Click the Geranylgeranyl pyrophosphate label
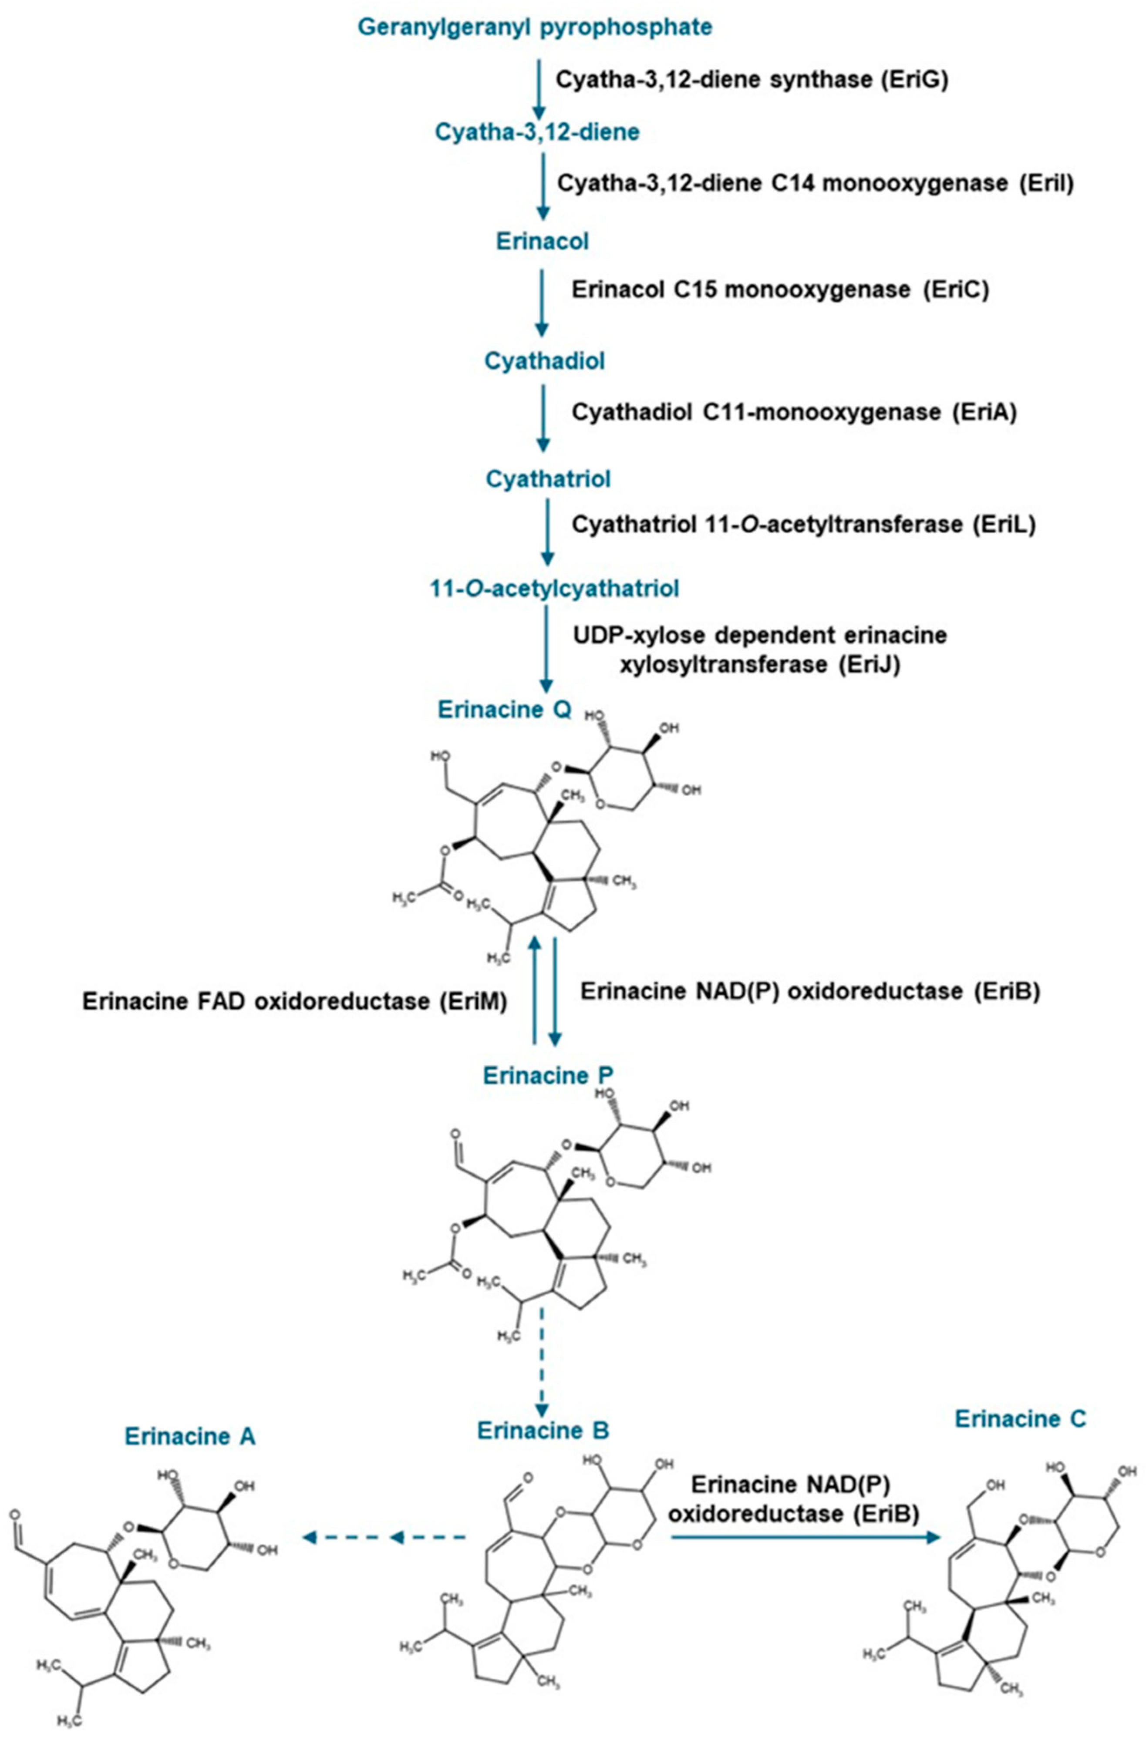(534, 27)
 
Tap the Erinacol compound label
(542, 241)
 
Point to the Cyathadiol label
(544, 361)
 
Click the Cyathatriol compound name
(547, 479)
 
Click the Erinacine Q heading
(505, 709)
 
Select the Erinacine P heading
(548, 1075)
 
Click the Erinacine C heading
(1020, 1419)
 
